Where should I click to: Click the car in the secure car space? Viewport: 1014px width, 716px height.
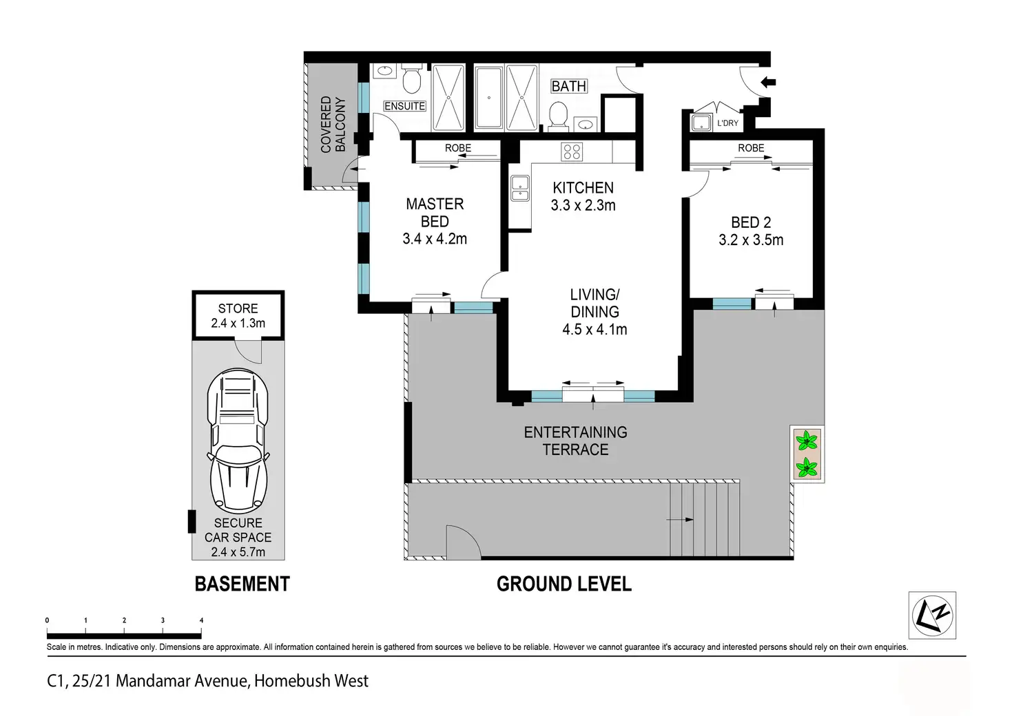pyautogui.click(x=238, y=441)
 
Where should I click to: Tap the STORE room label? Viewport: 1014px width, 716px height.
pyautogui.click(x=238, y=308)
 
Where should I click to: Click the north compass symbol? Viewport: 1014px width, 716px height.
pyautogui.click(x=933, y=615)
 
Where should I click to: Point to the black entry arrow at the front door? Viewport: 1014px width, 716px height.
pyautogui.click(x=768, y=83)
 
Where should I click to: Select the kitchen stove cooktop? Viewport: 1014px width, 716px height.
pyautogui.click(x=572, y=151)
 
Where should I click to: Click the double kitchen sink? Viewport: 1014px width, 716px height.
pyautogui.click(x=520, y=188)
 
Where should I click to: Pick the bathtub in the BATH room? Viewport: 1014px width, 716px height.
pyautogui.click(x=489, y=98)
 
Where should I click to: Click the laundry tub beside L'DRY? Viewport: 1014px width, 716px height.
pyautogui.click(x=701, y=123)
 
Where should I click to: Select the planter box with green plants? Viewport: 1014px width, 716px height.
pyautogui.click(x=807, y=454)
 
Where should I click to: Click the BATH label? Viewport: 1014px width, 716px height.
pyautogui.click(x=569, y=86)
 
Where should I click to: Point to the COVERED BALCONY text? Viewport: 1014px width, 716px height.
pyautogui.click(x=333, y=125)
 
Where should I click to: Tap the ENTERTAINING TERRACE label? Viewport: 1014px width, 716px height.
pyautogui.click(x=575, y=441)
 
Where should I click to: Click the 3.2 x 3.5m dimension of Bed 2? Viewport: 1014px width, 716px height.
pyautogui.click(x=751, y=240)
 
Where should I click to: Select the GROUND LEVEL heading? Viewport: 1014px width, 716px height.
pyautogui.click(x=564, y=584)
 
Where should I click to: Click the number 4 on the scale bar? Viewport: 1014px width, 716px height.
pyautogui.click(x=201, y=620)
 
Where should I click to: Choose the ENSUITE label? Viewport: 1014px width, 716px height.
pyautogui.click(x=404, y=106)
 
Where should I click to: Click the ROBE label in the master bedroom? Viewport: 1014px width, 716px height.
pyautogui.click(x=457, y=148)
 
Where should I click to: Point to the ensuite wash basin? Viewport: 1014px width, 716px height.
pyautogui.click(x=385, y=70)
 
